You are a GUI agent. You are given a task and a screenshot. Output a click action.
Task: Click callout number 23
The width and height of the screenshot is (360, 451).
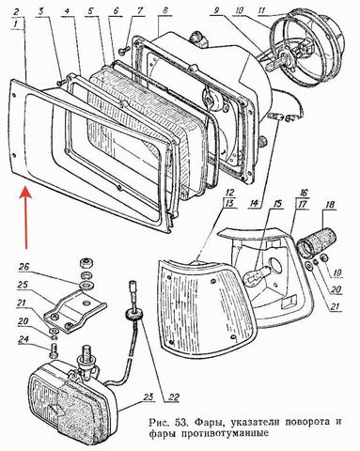(149, 397)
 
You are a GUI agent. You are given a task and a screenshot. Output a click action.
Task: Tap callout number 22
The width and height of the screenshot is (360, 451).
(172, 397)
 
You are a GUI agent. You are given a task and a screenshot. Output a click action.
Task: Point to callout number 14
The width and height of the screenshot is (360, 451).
(254, 204)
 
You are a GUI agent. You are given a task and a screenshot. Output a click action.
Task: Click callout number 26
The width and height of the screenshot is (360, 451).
(24, 267)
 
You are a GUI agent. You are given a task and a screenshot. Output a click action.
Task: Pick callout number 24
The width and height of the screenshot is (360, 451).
(23, 339)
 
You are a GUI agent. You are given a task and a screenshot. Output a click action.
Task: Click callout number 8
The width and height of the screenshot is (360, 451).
(164, 10)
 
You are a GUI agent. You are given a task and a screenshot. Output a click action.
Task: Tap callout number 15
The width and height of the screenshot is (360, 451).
(276, 204)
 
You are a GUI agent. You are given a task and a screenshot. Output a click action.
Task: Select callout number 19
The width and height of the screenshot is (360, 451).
(337, 272)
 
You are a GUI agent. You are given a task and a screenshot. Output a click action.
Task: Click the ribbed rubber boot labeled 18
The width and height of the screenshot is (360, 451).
(317, 244)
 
